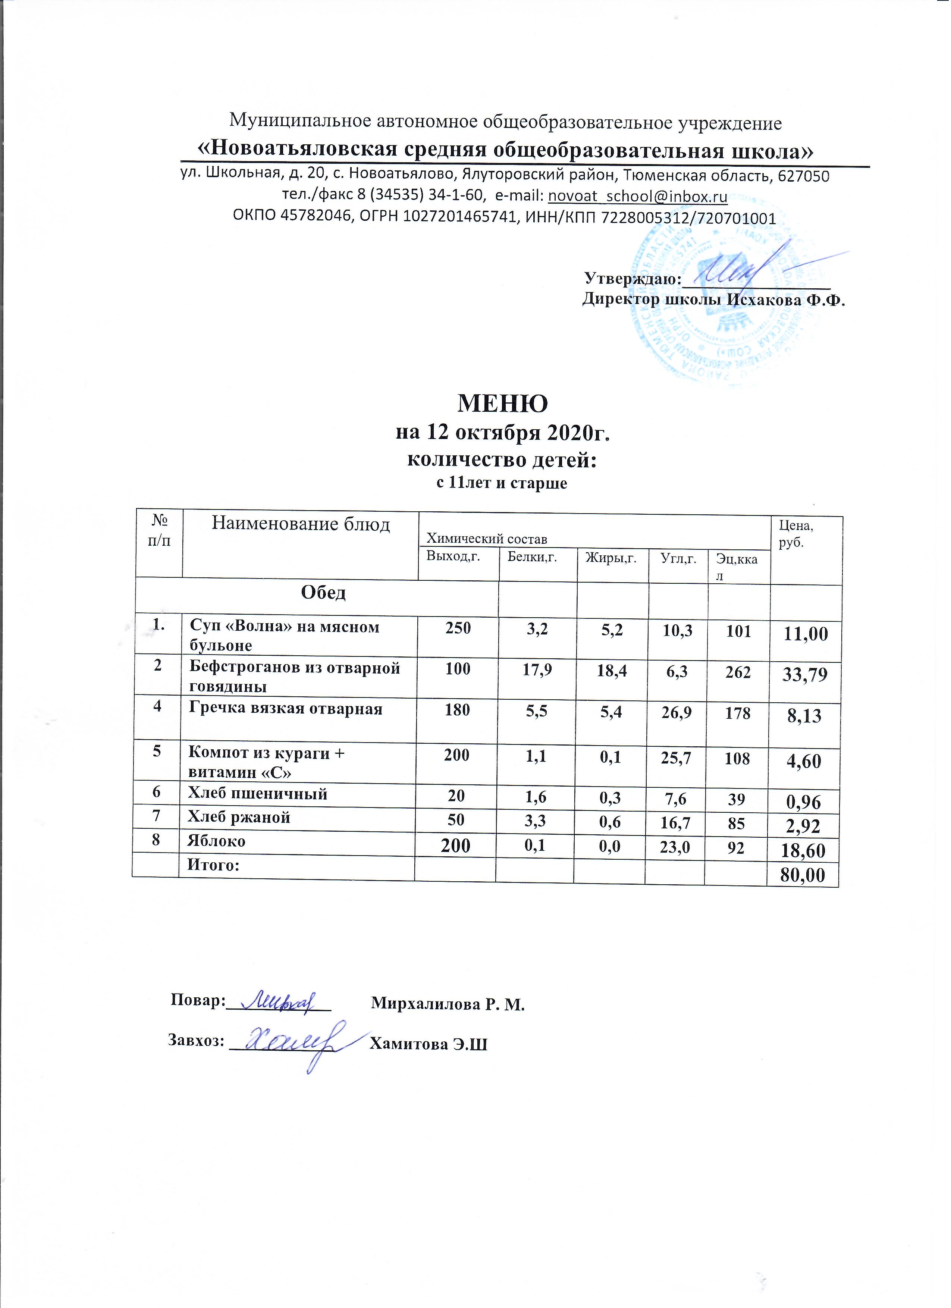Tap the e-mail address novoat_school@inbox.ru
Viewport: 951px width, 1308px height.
click(638, 196)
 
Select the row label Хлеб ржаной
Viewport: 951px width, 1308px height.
click(239, 817)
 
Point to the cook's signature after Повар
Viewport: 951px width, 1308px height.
click(280, 1002)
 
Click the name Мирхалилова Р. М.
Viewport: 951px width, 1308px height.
click(448, 1004)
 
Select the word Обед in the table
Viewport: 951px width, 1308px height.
click(324, 593)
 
